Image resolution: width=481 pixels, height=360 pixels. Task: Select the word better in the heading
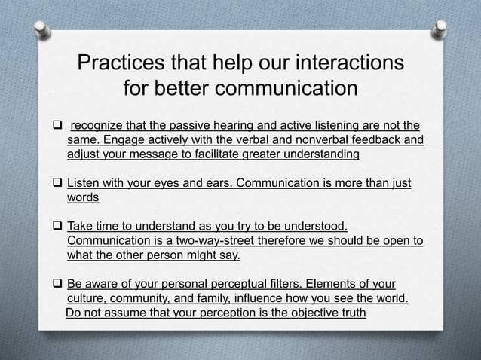point(196,89)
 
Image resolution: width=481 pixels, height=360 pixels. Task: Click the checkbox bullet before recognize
point(57,125)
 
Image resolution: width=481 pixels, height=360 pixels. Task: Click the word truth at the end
point(351,313)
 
